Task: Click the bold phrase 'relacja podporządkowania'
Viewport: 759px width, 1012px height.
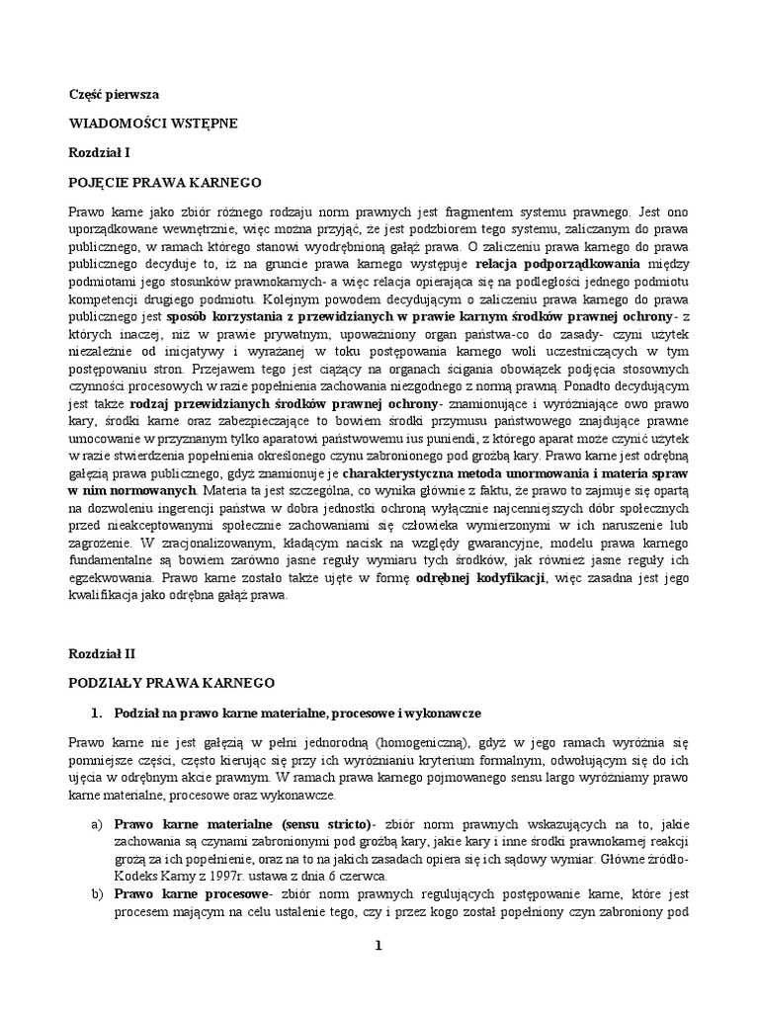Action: [557, 265]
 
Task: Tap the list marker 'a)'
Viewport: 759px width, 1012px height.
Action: [96, 823]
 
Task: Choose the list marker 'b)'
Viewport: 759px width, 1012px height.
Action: [96, 894]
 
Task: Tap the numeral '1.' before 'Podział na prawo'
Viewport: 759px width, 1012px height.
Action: [96, 713]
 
